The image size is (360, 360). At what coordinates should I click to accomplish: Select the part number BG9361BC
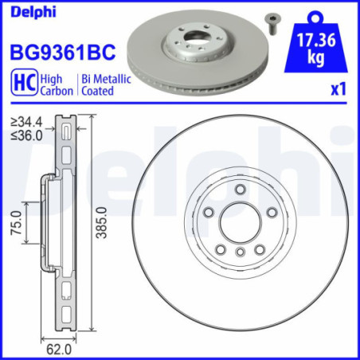point(62,53)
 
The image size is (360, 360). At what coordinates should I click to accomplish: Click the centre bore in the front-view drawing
point(239,221)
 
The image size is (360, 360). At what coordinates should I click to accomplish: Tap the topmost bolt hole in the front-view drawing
point(239,189)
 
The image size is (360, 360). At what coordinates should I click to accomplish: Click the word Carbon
point(57,91)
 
